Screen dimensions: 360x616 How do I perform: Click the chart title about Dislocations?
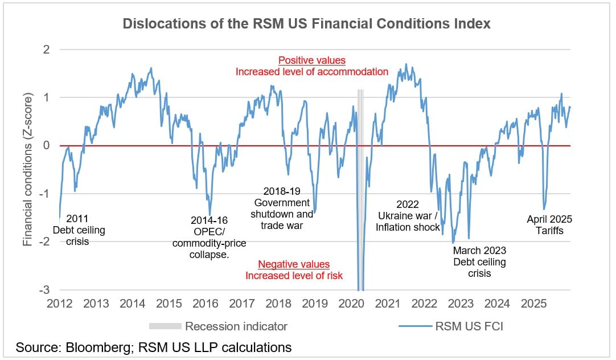[x=307, y=24]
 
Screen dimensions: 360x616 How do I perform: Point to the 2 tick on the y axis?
[x=46, y=50]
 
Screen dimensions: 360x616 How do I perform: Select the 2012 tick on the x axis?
[x=59, y=303]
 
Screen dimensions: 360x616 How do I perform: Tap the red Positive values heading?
[x=311, y=60]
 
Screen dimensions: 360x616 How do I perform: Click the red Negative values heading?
[x=294, y=264]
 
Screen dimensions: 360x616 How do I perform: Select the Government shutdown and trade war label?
[x=282, y=208]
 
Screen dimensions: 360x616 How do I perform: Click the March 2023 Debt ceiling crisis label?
[x=479, y=262]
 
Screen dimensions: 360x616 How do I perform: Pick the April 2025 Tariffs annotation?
[x=549, y=225]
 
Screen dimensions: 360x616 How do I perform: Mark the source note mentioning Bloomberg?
[x=154, y=347]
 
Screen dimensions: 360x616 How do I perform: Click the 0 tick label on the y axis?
[x=46, y=146]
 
